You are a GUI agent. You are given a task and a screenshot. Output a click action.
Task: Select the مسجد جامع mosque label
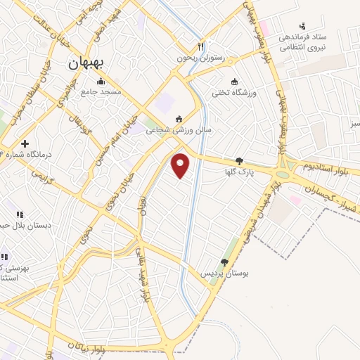[x=101, y=91]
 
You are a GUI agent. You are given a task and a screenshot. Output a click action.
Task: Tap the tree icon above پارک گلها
[x=240, y=161]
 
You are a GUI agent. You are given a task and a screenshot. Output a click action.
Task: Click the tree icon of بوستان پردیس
[x=224, y=262]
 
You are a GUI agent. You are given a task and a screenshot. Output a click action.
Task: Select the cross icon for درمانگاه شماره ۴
[x=25, y=143]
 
